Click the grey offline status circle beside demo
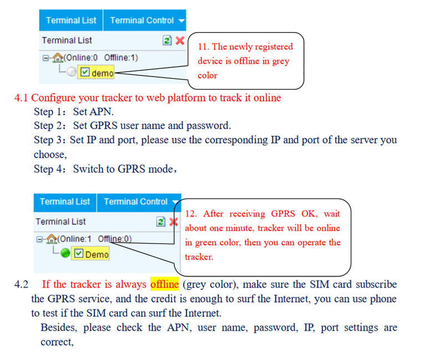point(72,72)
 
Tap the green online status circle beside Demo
point(66,253)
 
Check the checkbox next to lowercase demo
point(85,72)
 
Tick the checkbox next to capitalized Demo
point(79,253)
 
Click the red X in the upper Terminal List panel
point(180,40)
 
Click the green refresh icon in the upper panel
point(167,40)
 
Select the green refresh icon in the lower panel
point(161,221)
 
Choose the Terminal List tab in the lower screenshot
point(64,202)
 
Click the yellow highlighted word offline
point(164,284)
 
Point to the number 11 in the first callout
point(203,47)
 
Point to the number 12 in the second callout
point(191,214)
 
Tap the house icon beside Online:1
point(52,239)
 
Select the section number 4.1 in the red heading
point(21,98)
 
